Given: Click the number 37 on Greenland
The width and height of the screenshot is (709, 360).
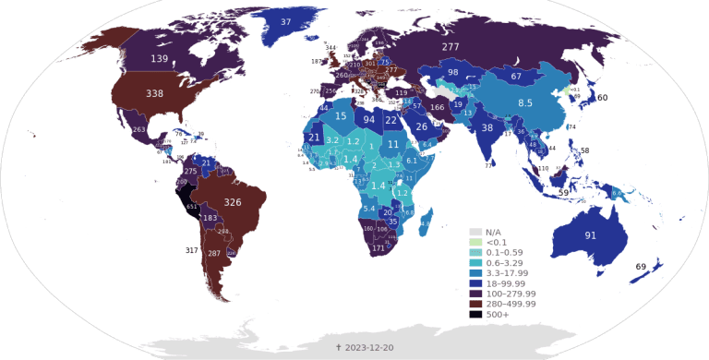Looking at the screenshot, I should click(285, 21).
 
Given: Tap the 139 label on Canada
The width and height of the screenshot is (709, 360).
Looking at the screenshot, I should click(159, 59).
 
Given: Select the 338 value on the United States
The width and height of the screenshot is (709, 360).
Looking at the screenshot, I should click(155, 94).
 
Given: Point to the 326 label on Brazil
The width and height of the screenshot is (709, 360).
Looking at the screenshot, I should click(233, 202).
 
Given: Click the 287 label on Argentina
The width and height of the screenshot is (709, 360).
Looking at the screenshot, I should click(214, 254).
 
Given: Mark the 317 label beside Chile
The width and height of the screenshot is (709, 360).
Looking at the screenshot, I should click(192, 250).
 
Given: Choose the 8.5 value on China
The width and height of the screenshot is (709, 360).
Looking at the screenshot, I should click(525, 102).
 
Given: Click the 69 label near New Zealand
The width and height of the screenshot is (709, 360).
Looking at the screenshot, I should click(641, 267).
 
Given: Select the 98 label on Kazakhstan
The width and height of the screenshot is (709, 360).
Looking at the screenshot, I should click(452, 72).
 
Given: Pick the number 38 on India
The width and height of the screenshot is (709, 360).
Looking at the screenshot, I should click(487, 127).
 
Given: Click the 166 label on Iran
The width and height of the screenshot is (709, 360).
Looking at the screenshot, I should click(438, 108).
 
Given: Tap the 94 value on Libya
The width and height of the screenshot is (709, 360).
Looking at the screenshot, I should click(368, 119).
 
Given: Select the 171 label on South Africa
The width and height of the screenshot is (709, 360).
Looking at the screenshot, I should click(378, 248).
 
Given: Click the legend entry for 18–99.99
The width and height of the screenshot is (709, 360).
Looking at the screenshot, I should click(502, 282).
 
